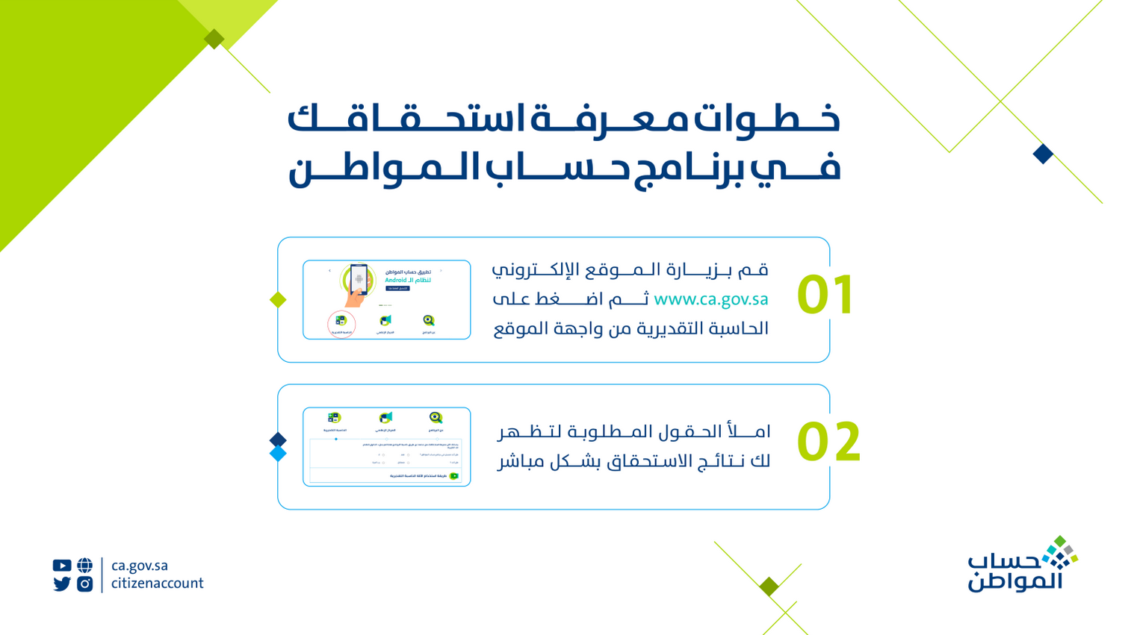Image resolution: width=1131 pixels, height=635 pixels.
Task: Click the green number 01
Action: tap(825, 295)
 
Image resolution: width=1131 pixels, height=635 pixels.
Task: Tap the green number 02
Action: tap(828, 442)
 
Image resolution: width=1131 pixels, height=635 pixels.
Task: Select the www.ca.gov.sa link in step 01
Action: tap(710, 299)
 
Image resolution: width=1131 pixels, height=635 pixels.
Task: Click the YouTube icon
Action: tap(62, 566)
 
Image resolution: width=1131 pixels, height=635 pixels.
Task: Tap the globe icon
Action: tap(85, 566)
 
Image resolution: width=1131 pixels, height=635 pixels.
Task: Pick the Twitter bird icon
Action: tap(62, 584)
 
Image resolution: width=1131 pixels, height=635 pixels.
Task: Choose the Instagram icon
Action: tap(85, 584)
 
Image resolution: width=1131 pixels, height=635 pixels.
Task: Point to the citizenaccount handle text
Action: tap(157, 584)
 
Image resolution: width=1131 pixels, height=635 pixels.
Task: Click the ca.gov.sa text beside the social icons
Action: tap(140, 566)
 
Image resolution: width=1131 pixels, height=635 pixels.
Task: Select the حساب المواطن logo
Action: tap(1022, 565)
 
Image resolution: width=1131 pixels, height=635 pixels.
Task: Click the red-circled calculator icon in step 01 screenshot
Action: tap(341, 323)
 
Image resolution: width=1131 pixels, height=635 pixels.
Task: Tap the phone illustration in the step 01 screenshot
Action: tap(359, 281)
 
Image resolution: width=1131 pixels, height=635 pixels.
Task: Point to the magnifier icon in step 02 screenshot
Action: tap(436, 419)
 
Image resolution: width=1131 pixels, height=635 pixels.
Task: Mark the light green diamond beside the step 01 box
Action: tap(278, 300)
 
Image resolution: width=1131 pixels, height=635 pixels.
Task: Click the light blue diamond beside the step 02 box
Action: tap(278, 454)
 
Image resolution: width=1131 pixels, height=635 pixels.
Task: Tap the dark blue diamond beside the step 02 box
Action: tap(278, 440)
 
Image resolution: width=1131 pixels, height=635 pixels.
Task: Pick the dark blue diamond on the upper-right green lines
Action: tap(1043, 154)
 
